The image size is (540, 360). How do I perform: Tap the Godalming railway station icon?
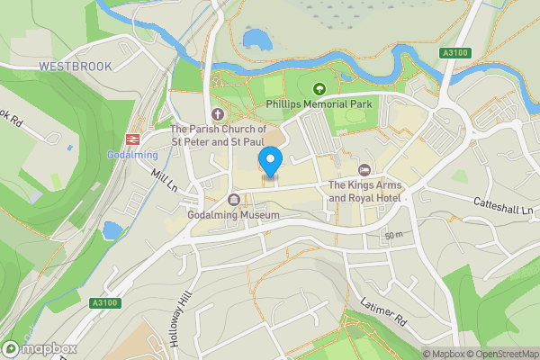(132, 139)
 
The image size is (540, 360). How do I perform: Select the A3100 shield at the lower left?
(105, 304)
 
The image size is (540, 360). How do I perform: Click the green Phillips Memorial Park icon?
(317, 88)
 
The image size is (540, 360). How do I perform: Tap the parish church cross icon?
(216, 113)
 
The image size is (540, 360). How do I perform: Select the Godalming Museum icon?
(234, 200)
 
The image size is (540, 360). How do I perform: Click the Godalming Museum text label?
(234, 215)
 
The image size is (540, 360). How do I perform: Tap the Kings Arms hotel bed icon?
(364, 170)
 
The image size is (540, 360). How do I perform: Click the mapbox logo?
(39, 347)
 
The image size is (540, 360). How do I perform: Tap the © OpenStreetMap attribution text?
(499, 354)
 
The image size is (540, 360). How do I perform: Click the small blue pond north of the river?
(256, 39)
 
